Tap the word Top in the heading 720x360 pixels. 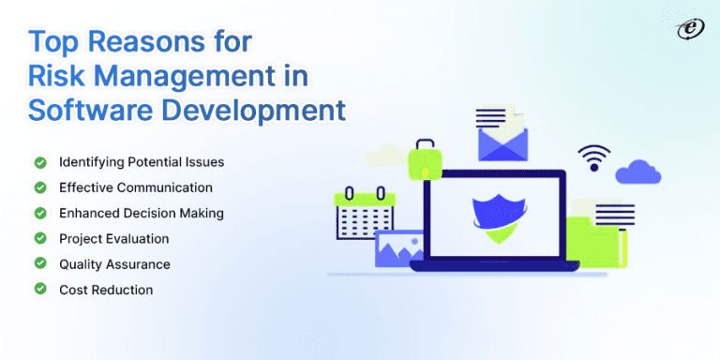55,41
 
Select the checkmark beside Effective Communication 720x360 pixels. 40,187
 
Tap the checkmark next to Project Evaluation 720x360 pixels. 40,238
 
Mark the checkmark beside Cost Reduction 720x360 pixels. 40,290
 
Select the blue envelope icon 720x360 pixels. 504,137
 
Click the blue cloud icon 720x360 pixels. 638,171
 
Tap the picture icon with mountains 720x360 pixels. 399,248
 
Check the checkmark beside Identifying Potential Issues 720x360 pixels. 40,162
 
